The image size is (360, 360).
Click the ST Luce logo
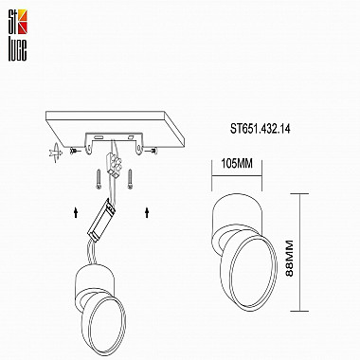(17, 20)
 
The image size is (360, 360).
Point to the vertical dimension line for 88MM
(302, 251)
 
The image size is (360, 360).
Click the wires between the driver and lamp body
(84, 248)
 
